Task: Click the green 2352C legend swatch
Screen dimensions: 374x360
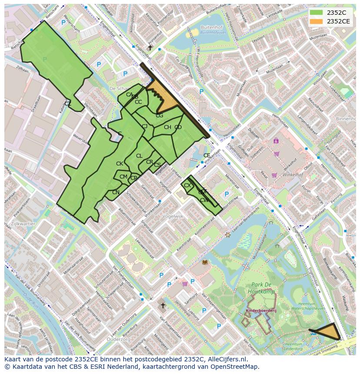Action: point(317,13)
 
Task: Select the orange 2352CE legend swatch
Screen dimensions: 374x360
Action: point(317,21)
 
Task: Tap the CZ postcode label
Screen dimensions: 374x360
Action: point(68,103)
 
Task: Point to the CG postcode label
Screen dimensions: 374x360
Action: point(160,115)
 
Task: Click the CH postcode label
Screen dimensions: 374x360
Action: point(167,127)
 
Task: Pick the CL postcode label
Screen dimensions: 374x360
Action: point(139,156)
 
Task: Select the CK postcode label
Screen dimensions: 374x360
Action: point(120,163)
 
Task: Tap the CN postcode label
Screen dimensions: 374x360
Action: point(116,192)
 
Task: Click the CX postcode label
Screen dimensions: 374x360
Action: point(187,185)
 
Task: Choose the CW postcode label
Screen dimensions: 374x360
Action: point(204,200)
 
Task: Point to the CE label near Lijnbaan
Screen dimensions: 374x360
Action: point(207,155)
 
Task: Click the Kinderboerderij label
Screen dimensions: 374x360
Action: point(261,311)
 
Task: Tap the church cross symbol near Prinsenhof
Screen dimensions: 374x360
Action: point(150,47)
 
